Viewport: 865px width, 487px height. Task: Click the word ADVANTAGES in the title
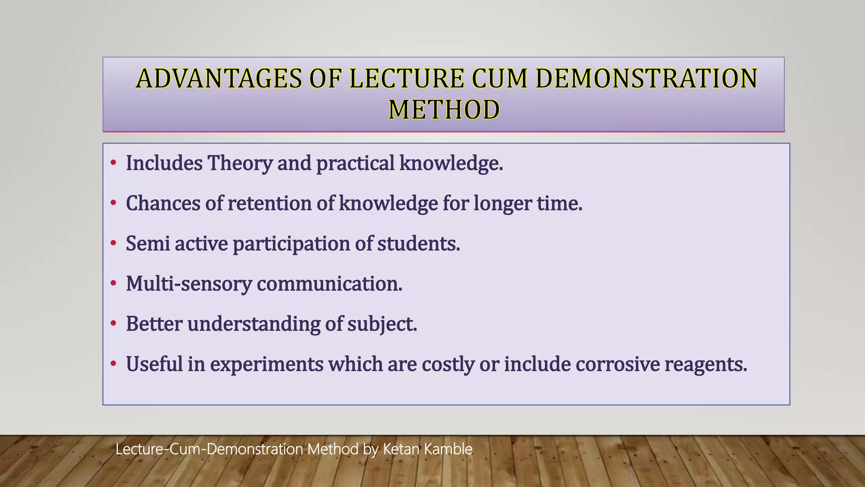click(219, 79)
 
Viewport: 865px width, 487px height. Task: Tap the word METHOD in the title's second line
click(444, 110)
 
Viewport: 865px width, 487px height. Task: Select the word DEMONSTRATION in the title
click(646, 79)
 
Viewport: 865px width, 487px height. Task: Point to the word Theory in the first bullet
click(240, 163)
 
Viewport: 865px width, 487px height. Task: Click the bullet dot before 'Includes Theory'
click(113, 163)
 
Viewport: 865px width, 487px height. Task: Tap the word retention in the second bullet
click(269, 203)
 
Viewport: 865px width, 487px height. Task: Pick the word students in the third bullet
click(418, 243)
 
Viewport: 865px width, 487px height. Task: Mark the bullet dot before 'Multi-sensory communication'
click(113, 284)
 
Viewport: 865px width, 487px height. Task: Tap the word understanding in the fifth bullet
click(253, 324)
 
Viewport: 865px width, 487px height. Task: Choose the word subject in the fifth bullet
click(382, 324)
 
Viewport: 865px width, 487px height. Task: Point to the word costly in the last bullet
click(448, 364)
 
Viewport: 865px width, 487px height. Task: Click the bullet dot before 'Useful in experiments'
click(113, 364)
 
